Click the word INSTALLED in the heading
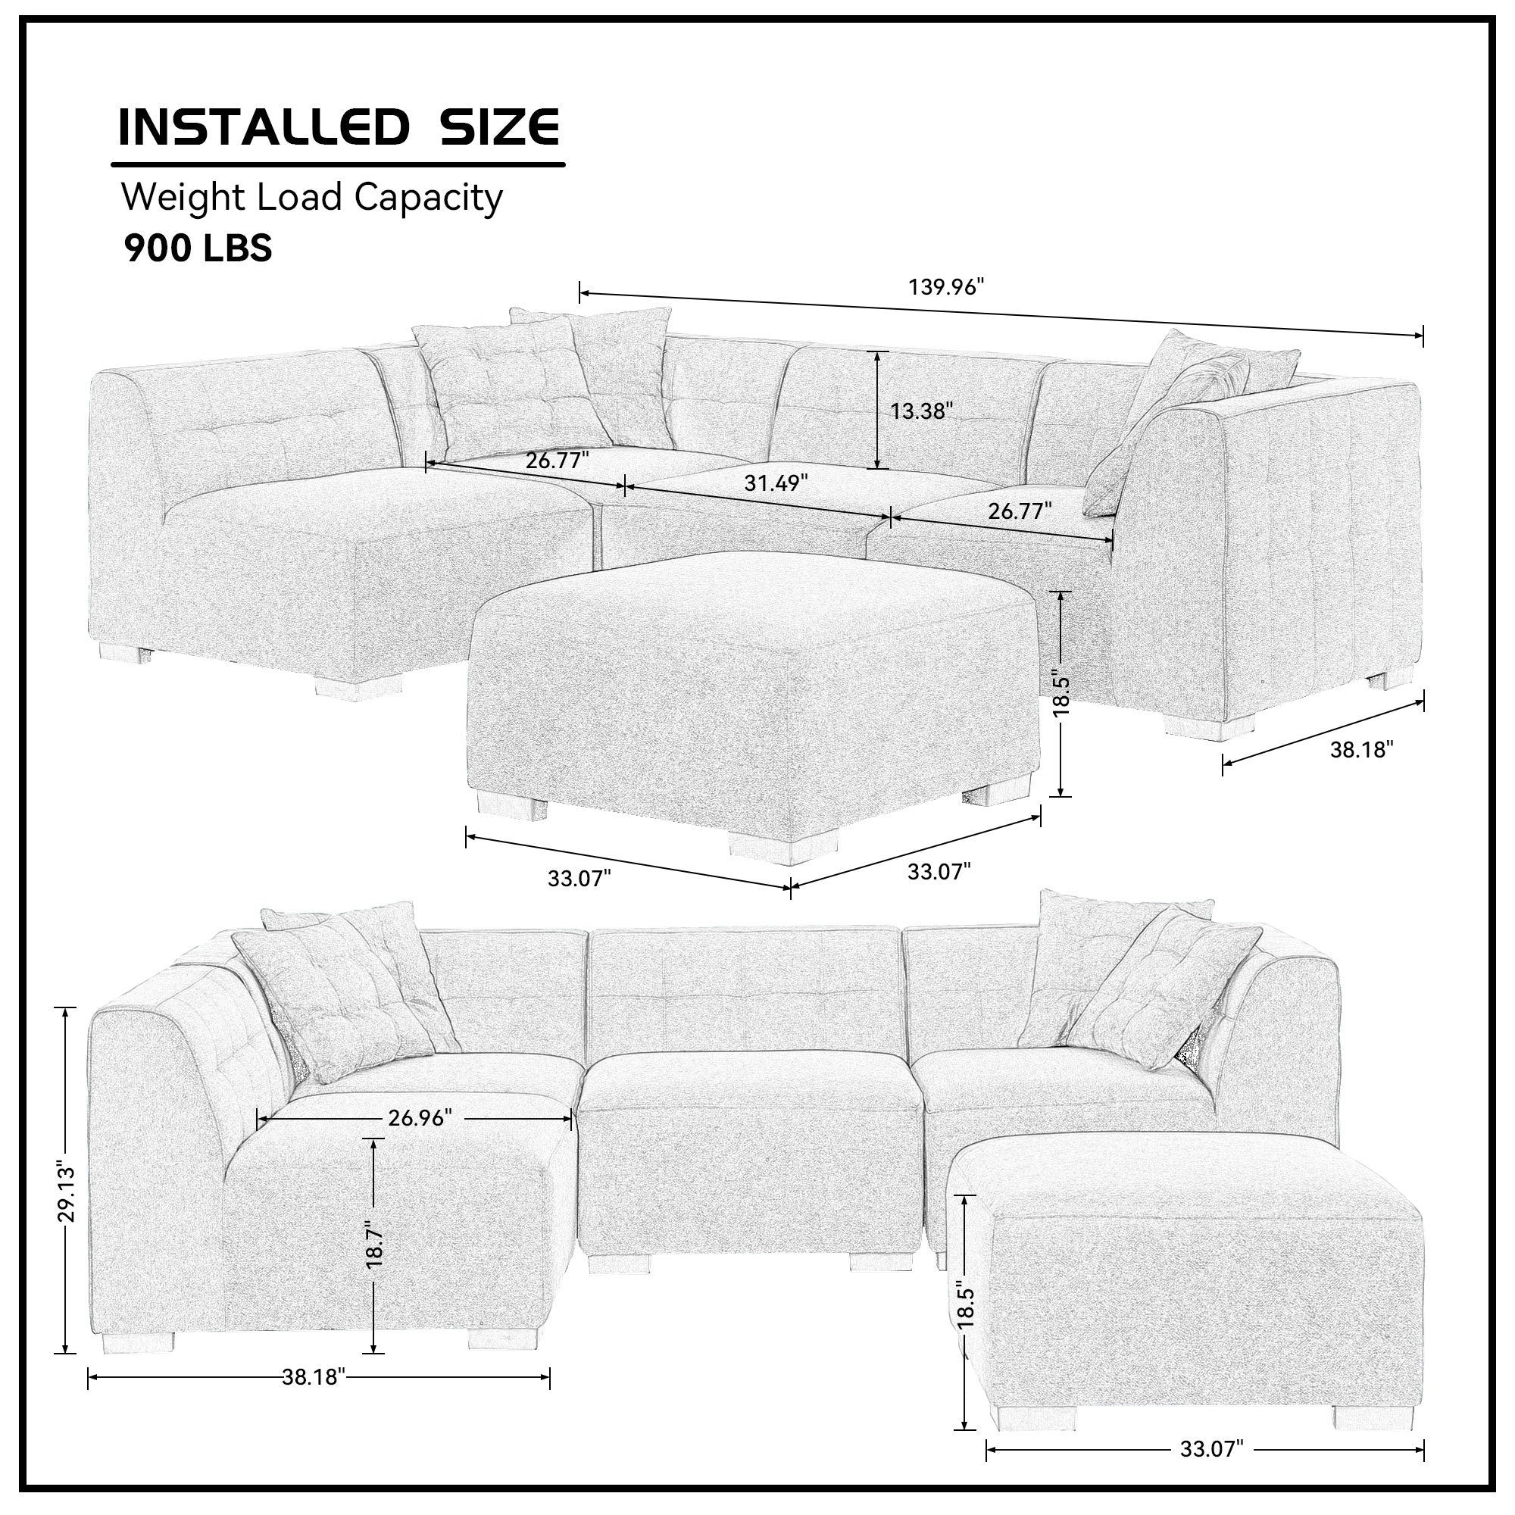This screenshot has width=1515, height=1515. pyautogui.click(x=264, y=127)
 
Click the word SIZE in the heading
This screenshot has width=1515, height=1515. pyautogui.click(x=498, y=127)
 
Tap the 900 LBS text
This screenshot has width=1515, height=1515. pyautogui.click(x=198, y=248)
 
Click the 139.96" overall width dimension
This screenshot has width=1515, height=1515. pyautogui.click(x=945, y=287)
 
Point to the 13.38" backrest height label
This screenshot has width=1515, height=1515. pyautogui.click(x=920, y=410)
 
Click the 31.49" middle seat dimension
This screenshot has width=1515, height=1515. pyautogui.click(x=776, y=483)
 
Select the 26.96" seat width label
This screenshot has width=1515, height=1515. pyautogui.click(x=420, y=1117)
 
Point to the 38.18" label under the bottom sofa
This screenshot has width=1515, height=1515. pyautogui.click(x=314, y=1377)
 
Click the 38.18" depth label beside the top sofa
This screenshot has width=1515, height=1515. pyautogui.click(x=1361, y=749)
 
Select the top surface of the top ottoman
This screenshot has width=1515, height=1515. pyautogui.click(x=753, y=604)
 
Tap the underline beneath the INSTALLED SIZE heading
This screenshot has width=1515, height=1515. pyautogui.click(x=337, y=164)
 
